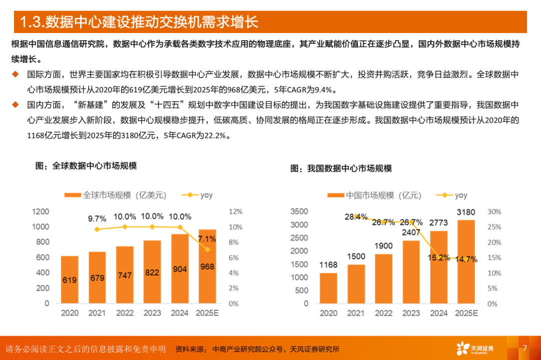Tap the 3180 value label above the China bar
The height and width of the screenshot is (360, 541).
(x=465, y=212)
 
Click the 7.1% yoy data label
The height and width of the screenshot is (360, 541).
(x=207, y=237)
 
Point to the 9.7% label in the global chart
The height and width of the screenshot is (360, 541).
(x=97, y=218)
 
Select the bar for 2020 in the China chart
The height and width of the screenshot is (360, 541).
(x=329, y=288)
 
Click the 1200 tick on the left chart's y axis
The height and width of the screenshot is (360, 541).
(x=40, y=212)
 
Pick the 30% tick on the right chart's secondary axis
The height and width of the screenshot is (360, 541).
(x=494, y=212)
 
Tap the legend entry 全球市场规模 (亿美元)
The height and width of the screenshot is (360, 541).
(x=115, y=195)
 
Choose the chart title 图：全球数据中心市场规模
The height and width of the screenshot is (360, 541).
(x=86, y=166)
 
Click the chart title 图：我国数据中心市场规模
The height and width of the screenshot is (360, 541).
(x=341, y=169)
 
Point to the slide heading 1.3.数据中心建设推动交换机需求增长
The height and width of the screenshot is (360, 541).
(x=138, y=23)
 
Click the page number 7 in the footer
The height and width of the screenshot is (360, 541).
(x=524, y=348)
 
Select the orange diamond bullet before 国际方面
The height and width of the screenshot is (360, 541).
(x=16, y=75)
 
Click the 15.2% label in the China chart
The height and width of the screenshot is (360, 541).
(x=439, y=259)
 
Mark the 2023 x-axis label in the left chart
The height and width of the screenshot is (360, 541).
(x=152, y=313)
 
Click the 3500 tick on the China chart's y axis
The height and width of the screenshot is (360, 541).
(x=299, y=212)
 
